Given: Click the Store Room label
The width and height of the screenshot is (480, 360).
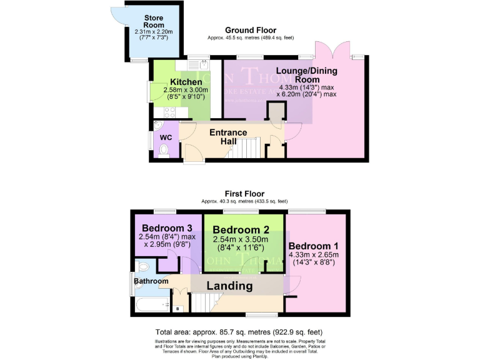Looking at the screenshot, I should pyautogui.click(x=152, y=21).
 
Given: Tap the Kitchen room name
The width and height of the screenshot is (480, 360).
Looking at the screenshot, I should pyautogui.click(x=186, y=82).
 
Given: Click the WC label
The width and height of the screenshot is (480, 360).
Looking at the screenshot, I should pyautogui.click(x=166, y=137).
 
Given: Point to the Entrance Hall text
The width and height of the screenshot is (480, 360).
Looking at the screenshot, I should pyautogui.click(x=227, y=137).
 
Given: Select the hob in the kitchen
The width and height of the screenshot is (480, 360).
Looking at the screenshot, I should pyautogui.click(x=167, y=112).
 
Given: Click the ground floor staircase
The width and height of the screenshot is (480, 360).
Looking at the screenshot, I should pyautogui.click(x=247, y=149).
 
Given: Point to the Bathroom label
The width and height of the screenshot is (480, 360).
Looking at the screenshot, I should pyautogui.click(x=151, y=282).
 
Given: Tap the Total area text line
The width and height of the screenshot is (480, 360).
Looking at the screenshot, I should pyautogui.click(x=239, y=332).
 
